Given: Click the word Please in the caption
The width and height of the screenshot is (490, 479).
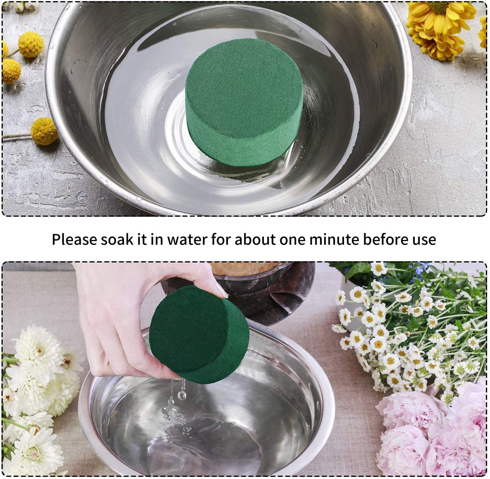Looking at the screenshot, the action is [74, 239].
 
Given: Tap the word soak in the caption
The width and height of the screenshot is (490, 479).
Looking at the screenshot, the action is [117, 239].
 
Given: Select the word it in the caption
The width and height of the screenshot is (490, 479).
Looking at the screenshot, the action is [142, 239].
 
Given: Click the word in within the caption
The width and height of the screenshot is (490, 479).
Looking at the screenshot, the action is [156, 239].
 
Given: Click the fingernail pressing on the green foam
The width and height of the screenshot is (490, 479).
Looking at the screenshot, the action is [222, 292].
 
